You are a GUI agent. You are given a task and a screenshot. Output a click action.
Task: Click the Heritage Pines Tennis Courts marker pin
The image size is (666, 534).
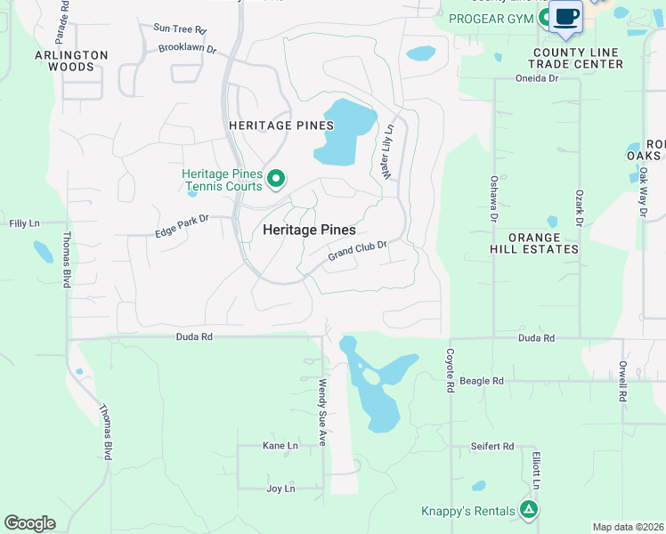[276, 179]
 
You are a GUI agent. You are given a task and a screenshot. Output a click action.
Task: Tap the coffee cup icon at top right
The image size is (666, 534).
[565, 17]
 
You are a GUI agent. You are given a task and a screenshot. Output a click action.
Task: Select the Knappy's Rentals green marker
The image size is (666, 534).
[529, 510]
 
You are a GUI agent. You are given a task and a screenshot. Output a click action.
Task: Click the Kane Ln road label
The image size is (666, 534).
[280, 445]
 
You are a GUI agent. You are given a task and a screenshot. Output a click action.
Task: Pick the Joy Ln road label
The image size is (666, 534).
[280, 489]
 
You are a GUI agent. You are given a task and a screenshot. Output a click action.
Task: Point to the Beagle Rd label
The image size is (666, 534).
[482, 380]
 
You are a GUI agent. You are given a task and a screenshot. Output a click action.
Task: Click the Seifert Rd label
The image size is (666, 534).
[493, 446]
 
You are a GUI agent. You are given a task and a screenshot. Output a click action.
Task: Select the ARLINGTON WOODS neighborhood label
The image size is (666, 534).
[71, 61]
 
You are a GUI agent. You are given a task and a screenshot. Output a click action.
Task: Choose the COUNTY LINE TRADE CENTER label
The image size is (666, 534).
[577, 59]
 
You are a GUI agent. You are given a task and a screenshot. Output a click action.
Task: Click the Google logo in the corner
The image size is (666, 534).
[29, 523]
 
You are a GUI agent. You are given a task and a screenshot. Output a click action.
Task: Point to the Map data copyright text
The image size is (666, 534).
[628, 527]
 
